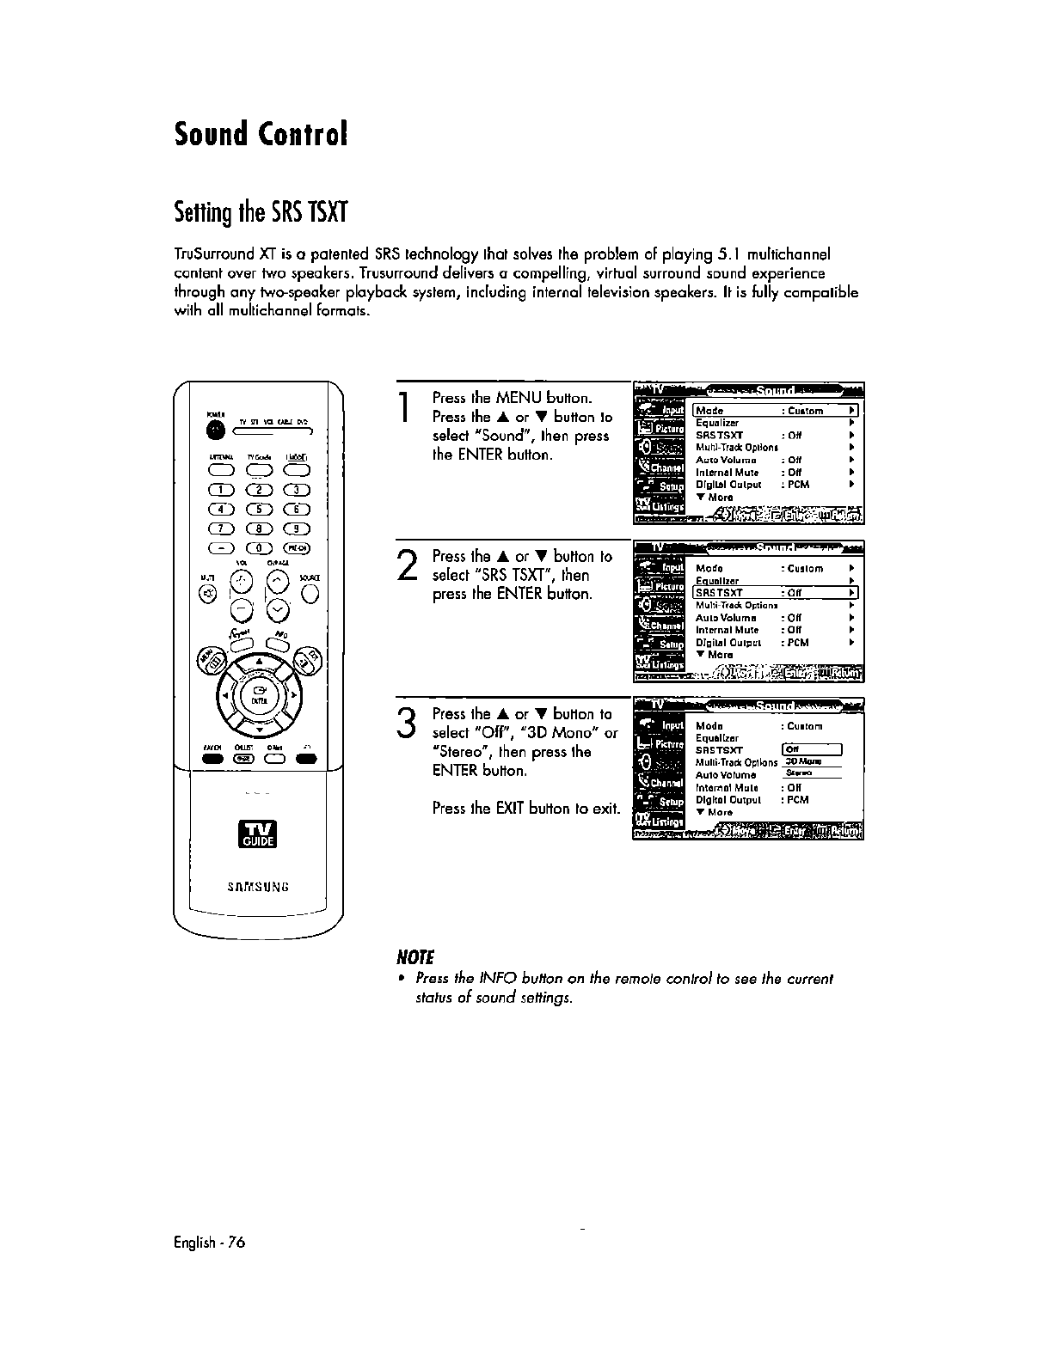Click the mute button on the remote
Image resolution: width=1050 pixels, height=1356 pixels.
point(208,594)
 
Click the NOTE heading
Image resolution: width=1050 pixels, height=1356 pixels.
point(414,957)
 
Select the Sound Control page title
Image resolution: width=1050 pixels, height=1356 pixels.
point(261,134)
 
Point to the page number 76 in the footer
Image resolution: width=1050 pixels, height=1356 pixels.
point(236,1242)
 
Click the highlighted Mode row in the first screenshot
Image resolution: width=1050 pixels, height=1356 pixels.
point(777,411)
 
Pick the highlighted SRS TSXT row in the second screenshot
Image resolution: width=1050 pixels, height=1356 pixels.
point(777,593)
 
